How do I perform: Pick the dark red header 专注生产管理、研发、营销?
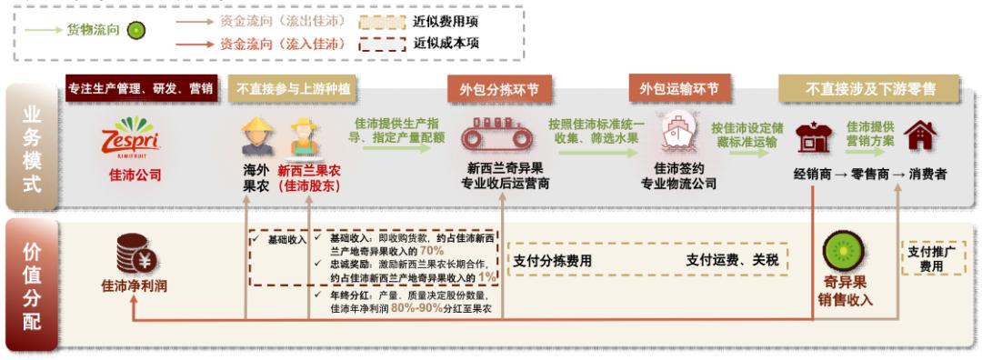tap(141, 88)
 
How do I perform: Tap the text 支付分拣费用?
tap(552, 259)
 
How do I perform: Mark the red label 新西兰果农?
tap(308, 169)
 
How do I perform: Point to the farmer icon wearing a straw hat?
tap(255, 136)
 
